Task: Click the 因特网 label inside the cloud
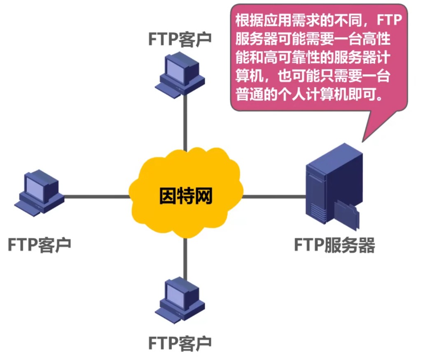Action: point(185,197)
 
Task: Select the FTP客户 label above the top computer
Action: point(180,40)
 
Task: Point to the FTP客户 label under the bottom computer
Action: point(180,341)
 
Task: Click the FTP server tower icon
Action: point(325,185)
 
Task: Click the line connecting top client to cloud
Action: point(185,128)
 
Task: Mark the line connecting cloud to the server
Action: point(274,197)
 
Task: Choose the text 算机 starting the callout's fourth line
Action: point(246,77)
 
